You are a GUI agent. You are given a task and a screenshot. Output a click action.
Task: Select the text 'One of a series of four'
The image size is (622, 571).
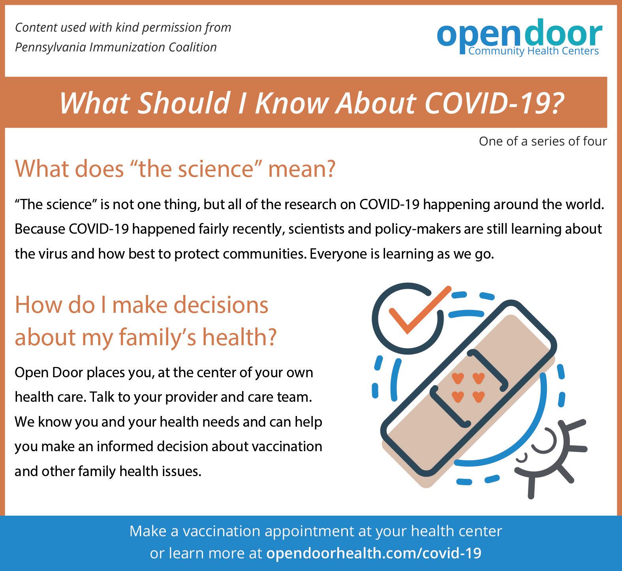pyautogui.click(x=543, y=141)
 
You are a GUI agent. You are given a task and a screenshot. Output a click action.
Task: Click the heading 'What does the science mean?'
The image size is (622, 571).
pyautogui.click(x=175, y=168)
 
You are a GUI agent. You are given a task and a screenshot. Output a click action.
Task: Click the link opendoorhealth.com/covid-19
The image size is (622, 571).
pyautogui.click(x=374, y=553)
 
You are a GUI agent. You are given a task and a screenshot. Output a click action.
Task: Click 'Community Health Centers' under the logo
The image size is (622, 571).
pyautogui.click(x=534, y=51)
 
